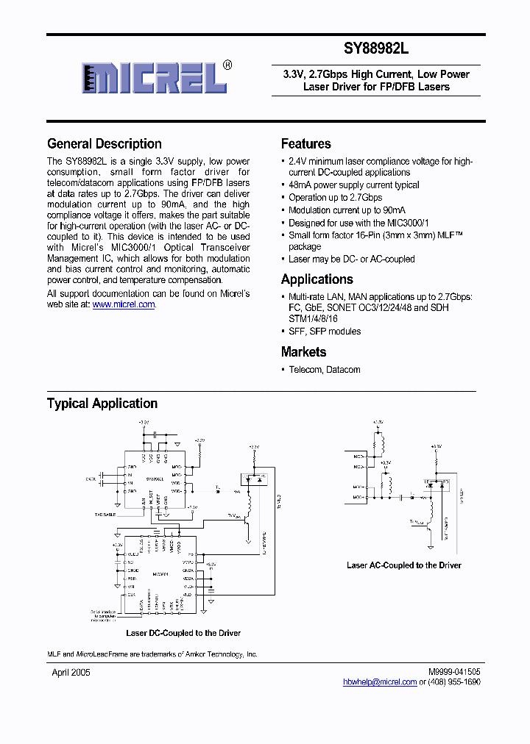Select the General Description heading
point(105,144)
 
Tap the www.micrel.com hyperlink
point(124,304)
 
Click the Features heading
point(306,144)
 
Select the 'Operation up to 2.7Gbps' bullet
point(335,198)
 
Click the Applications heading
point(317,279)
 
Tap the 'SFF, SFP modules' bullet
point(325,332)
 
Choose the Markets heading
point(303,352)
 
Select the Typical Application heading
point(102,404)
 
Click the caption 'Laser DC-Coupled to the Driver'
point(183,633)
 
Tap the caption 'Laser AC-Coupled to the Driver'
point(404,565)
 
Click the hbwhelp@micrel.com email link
point(380,682)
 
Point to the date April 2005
point(71,673)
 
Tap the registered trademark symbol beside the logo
point(227,65)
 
